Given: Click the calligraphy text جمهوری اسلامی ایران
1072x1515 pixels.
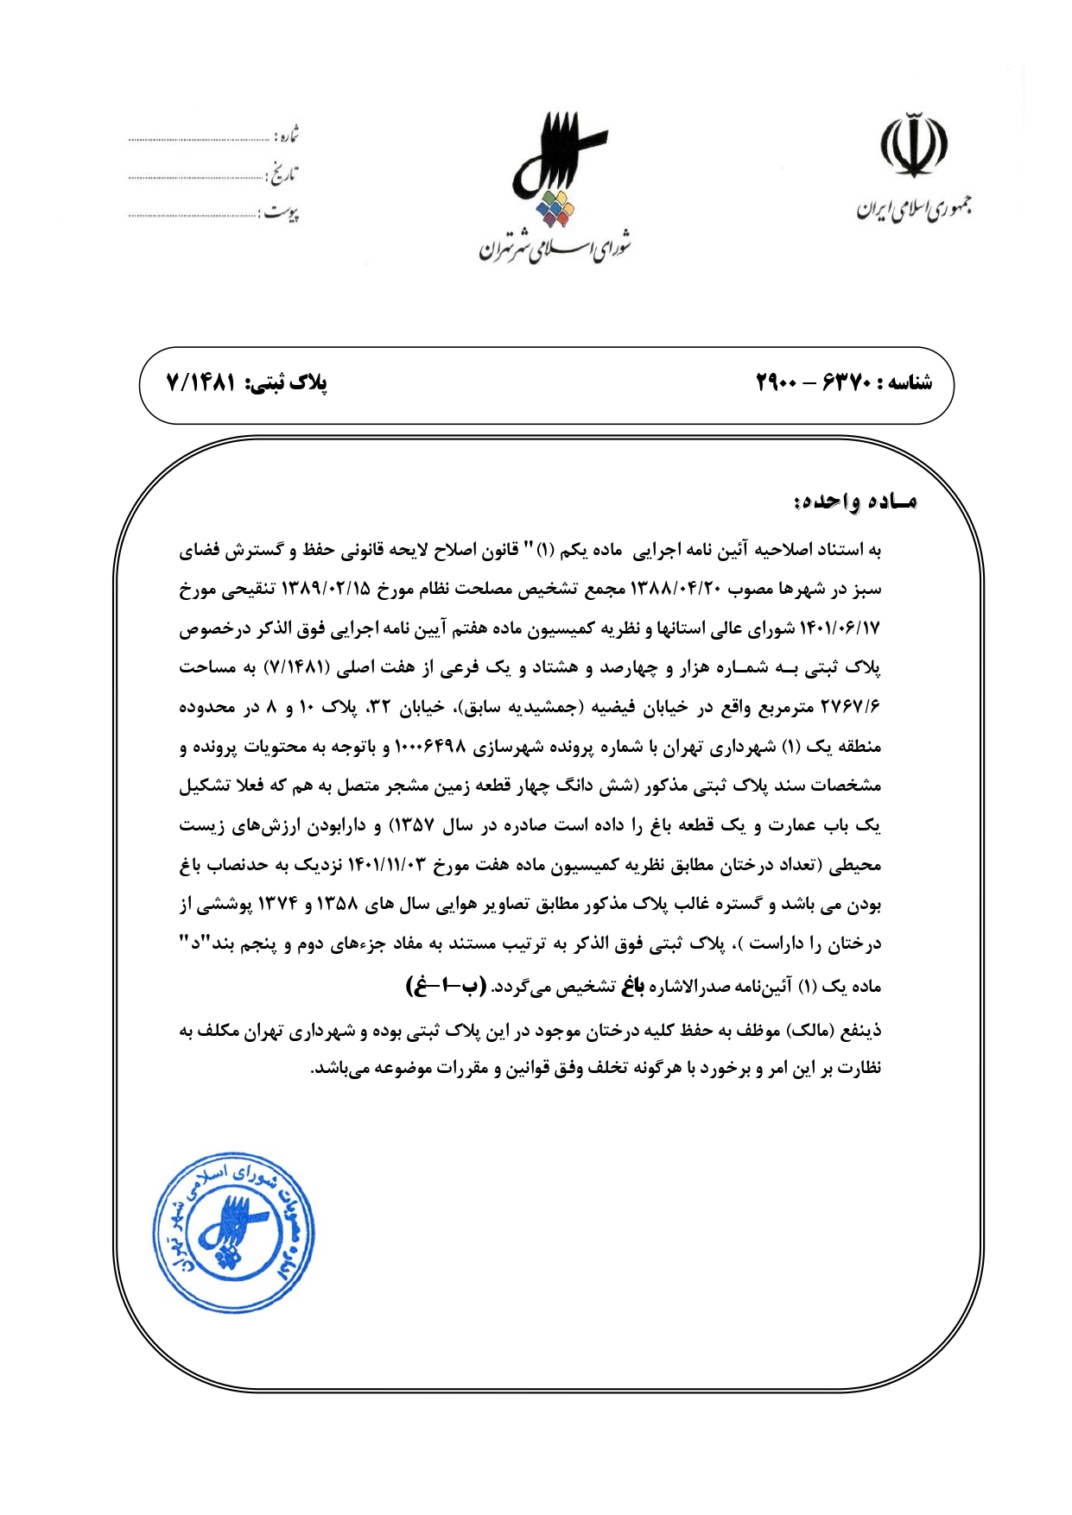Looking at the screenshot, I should click(x=914, y=208).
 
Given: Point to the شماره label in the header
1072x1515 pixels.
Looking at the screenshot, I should click(x=287, y=136).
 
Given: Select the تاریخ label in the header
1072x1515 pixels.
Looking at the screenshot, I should click(x=284, y=175).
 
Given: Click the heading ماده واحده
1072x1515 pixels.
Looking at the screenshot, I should click(x=854, y=502).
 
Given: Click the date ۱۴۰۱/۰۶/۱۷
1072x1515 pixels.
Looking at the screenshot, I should click(x=837, y=628).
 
